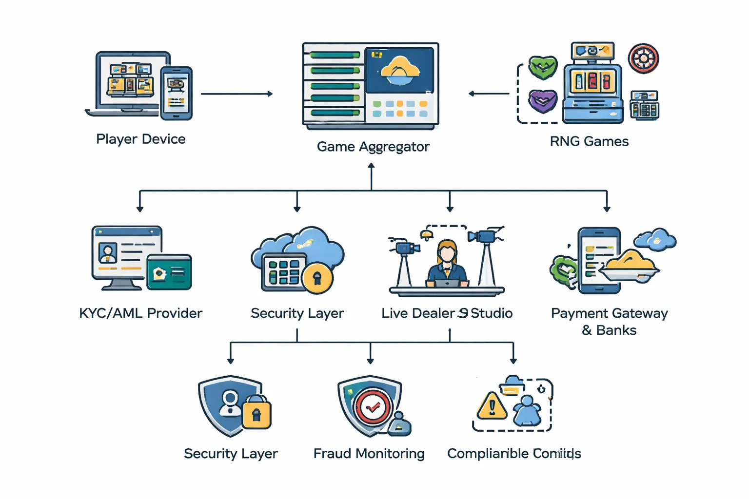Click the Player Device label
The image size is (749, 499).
(x=140, y=139)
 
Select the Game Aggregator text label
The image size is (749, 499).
(x=373, y=147)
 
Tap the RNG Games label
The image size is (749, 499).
(x=589, y=141)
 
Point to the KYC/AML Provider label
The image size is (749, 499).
(x=140, y=313)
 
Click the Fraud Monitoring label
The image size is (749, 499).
(x=369, y=454)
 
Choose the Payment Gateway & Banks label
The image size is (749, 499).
(x=609, y=321)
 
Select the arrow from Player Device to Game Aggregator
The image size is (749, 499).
(x=237, y=94)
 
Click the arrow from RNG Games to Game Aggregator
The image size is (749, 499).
(x=489, y=94)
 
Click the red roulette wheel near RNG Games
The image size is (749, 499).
(x=643, y=58)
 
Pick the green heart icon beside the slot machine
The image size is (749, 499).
(x=543, y=67)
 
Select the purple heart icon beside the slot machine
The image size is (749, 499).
(x=543, y=101)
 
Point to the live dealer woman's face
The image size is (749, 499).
(x=447, y=252)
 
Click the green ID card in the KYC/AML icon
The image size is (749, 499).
(x=169, y=272)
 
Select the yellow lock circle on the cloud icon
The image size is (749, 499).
(x=317, y=278)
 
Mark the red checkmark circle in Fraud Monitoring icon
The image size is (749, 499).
(x=373, y=407)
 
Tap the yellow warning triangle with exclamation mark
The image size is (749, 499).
(x=492, y=406)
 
